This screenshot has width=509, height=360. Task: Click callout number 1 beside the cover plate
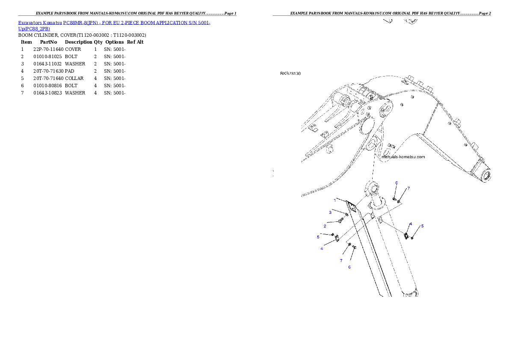335,200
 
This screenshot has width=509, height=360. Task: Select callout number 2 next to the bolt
325,226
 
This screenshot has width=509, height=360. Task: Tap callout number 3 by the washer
330,212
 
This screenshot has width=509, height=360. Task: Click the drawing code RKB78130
290,74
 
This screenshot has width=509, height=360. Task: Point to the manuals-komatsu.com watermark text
403,157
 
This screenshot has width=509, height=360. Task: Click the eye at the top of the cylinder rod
371,187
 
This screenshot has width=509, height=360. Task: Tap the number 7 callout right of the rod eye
408,188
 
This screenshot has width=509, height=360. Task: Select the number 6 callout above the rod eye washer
397,183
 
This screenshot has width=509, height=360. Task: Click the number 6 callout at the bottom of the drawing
349,267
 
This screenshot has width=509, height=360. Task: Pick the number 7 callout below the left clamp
341,260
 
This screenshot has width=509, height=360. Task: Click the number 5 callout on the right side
422,226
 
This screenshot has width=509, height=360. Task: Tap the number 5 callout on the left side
318,236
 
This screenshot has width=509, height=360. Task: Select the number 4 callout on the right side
411,224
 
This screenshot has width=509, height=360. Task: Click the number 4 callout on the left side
322,248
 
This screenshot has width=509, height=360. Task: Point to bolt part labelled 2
340,220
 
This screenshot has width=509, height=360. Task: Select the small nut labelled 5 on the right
412,237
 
